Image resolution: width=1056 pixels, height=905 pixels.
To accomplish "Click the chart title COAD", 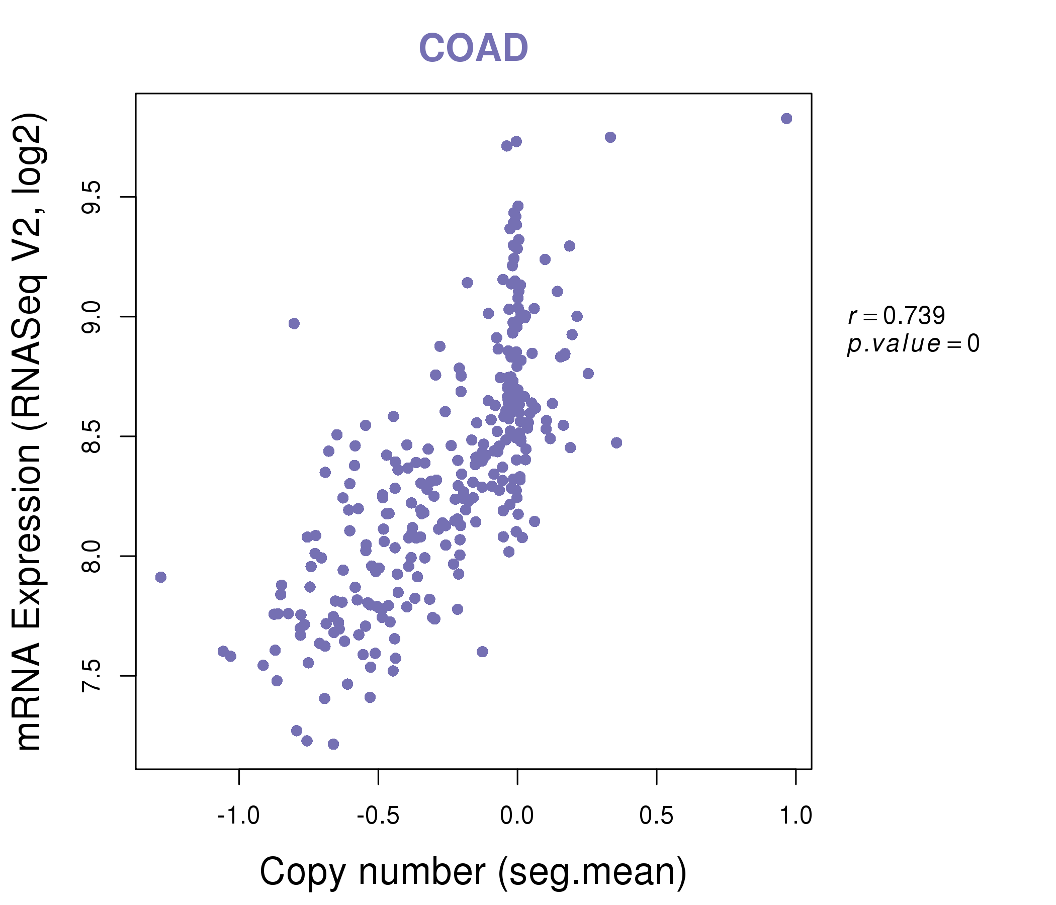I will (473, 48).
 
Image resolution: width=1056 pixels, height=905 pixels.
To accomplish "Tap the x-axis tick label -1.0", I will (238, 816).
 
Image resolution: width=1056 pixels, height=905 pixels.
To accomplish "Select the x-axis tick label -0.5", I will (378, 816).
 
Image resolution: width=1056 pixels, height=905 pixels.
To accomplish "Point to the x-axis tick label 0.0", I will (517, 816).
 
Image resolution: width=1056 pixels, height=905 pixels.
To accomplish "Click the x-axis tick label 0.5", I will (656, 816).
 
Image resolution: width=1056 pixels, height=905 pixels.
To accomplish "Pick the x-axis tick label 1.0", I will (796, 816).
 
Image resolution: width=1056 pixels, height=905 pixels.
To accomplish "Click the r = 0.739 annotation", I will (897, 316).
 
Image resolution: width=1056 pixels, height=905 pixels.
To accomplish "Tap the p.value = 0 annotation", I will (913, 344).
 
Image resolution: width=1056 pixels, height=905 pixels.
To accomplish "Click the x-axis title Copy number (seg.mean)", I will (473, 872).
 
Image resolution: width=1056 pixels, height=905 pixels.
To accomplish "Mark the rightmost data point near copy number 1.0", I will (786, 119).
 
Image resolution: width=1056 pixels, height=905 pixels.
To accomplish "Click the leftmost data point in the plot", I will (160, 577).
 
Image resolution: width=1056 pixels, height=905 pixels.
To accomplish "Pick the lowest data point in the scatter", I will (333, 745).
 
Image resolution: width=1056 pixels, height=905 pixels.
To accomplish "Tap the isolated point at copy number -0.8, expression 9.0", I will (294, 324).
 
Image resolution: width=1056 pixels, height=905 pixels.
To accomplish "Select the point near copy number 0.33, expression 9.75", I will (610, 137).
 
